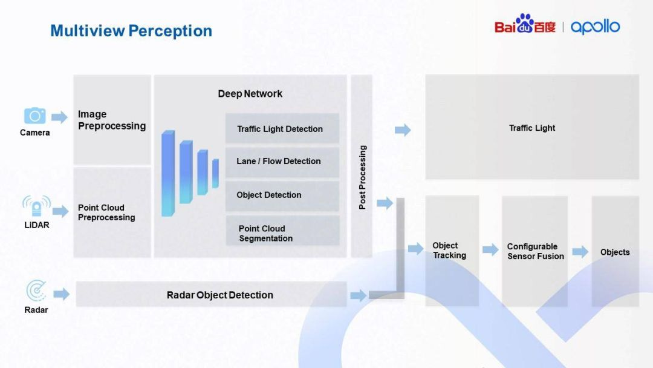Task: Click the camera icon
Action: point(34,116)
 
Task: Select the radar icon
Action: point(36,291)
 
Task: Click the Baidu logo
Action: point(524,25)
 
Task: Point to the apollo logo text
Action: point(595,27)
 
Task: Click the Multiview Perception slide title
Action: point(131,31)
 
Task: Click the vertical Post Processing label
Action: point(362,177)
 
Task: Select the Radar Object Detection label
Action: point(219,295)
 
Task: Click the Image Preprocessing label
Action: point(112,120)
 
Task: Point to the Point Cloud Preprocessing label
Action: point(106,212)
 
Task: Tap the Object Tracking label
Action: point(449,250)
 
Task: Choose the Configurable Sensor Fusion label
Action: point(535,251)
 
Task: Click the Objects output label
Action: point(614,252)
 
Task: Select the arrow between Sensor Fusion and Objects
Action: point(580,252)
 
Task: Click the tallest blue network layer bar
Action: point(167,174)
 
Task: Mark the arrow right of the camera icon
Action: point(59,117)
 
